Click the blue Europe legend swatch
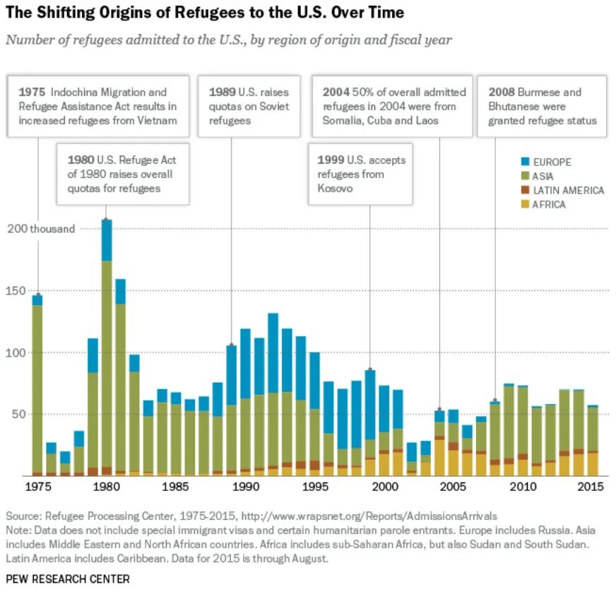[x=525, y=162]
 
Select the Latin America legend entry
[x=568, y=191]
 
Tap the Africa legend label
[x=550, y=205]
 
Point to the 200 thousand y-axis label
[x=41, y=229]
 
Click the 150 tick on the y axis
[x=16, y=290]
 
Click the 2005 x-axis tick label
[x=454, y=487]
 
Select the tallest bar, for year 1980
[x=107, y=346]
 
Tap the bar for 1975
[x=37, y=385]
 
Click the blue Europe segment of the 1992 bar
[x=273, y=353]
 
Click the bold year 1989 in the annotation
[x=223, y=93]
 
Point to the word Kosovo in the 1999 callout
[x=336, y=190]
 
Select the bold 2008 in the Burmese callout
[x=501, y=93]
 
